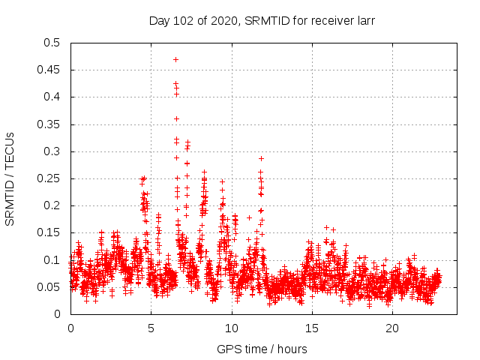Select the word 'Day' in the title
click(x=160, y=21)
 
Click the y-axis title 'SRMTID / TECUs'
click(x=10, y=178)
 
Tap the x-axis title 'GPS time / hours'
click(x=262, y=349)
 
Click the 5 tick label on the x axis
click(x=151, y=328)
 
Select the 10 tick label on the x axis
click(x=232, y=328)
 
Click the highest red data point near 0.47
click(x=175, y=59)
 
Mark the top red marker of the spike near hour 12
click(x=261, y=158)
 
